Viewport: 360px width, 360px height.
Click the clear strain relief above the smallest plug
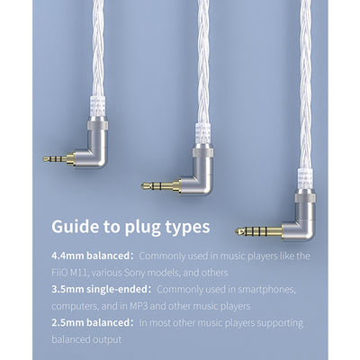click(97, 106)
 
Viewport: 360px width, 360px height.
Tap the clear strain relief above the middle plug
click(203, 133)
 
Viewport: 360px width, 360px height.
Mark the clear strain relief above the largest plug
click(305, 179)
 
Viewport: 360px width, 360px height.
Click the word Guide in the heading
click(76, 227)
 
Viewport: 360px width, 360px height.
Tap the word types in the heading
click(187, 228)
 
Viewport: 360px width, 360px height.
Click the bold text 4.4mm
click(67, 256)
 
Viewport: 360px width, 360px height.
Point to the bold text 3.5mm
click(67, 290)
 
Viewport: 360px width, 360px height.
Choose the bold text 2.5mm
click(67, 323)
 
